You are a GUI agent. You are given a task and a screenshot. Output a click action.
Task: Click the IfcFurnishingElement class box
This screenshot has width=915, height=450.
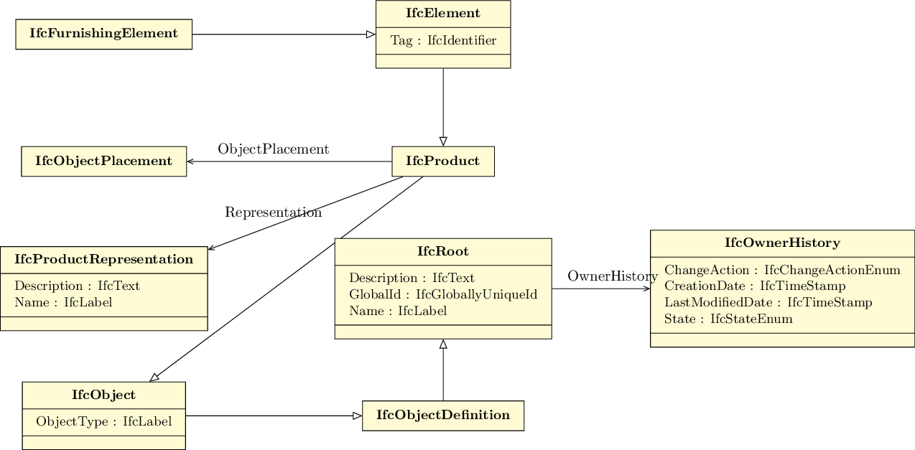click(103, 34)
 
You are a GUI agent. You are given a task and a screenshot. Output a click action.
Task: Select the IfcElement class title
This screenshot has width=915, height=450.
click(443, 14)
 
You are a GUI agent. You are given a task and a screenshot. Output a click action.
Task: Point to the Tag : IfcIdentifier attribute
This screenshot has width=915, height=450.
click(443, 41)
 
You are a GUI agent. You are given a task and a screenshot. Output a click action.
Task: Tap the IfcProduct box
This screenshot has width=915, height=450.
click(442, 161)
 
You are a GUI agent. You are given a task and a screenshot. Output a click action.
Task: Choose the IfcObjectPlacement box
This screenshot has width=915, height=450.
click(103, 161)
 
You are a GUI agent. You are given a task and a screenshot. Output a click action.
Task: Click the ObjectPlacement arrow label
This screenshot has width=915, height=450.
click(273, 149)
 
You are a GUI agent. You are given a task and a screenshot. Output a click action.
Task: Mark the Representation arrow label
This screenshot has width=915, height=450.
click(273, 212)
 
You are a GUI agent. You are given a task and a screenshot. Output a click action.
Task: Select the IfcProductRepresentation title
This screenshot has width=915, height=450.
click(103, 260)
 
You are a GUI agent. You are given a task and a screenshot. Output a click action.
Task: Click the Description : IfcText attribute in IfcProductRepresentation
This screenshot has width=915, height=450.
click(77, 286)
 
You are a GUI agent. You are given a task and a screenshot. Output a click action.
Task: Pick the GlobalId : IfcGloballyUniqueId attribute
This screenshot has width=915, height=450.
click(443, 294)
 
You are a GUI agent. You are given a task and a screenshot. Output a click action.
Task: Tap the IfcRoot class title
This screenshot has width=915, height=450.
click(443, 252)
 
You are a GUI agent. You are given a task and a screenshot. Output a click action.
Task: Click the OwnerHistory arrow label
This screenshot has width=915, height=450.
click(612, 276)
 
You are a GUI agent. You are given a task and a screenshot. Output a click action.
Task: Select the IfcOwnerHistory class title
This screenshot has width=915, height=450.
click(782, 243)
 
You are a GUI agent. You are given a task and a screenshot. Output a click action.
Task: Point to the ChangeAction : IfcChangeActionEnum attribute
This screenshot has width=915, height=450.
click(782, 271)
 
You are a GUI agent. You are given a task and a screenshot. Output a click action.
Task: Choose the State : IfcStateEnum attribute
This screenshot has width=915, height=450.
click(728, 319)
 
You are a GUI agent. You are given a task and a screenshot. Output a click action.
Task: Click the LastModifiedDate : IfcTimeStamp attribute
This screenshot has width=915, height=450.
click(768, 303)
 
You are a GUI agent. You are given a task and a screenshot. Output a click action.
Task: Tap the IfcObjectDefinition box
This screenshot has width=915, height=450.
click(443, 416)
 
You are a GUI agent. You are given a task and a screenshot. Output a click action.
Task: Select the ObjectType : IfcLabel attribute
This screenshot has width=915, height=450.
click(104, 422)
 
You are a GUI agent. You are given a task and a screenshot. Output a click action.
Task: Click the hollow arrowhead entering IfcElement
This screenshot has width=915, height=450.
click(371, 34)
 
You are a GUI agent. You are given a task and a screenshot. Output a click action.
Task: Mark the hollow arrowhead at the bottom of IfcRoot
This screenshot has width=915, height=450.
click(443, 344)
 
